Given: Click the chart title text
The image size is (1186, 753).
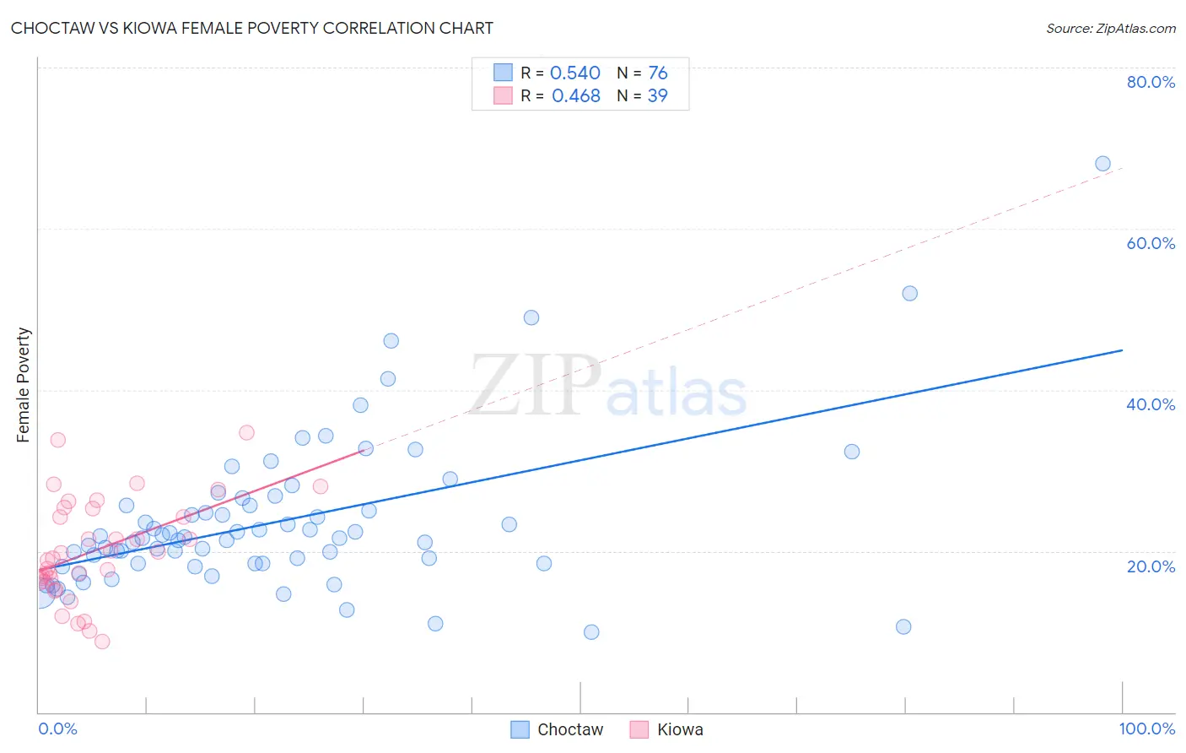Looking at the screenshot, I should tap(252, 28).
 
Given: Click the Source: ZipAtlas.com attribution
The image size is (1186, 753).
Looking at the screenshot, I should tap(1110, 28).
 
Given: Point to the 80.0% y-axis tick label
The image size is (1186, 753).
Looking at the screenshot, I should tap(1151, 82).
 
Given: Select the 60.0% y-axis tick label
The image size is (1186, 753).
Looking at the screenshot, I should tap(1151, 243).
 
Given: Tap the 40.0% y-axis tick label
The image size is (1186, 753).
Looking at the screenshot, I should tap(1151, 404).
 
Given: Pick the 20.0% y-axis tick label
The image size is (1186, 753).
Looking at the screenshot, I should tap(1151, 566).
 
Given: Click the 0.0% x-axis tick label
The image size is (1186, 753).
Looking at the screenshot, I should tap(57, 729).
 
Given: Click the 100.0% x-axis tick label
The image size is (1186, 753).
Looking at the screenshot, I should tap(1146, 729).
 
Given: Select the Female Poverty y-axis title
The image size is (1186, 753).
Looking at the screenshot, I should tap(23, 385).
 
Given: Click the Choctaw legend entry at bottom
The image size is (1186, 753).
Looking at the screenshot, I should tap(558, 729).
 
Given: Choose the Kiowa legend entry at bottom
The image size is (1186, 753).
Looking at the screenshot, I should tap(666, 729).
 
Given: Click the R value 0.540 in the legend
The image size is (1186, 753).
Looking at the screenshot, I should tap(574, 73).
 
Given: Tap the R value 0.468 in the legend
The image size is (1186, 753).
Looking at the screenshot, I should tap(575, 96).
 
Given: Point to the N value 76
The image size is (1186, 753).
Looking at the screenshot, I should tap(657, 73).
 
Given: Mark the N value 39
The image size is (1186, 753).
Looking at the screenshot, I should tap(657, 96).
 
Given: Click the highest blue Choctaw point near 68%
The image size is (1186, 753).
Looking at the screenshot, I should tap(1102, 164).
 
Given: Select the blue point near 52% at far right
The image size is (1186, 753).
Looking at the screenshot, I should tap(909, 294).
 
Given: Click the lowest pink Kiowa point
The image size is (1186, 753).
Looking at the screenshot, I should tap(102, 642).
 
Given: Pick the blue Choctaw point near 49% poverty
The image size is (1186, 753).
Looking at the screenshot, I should tap(531, 317).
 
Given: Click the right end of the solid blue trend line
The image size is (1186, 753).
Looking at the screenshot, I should tap(1122, 349).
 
